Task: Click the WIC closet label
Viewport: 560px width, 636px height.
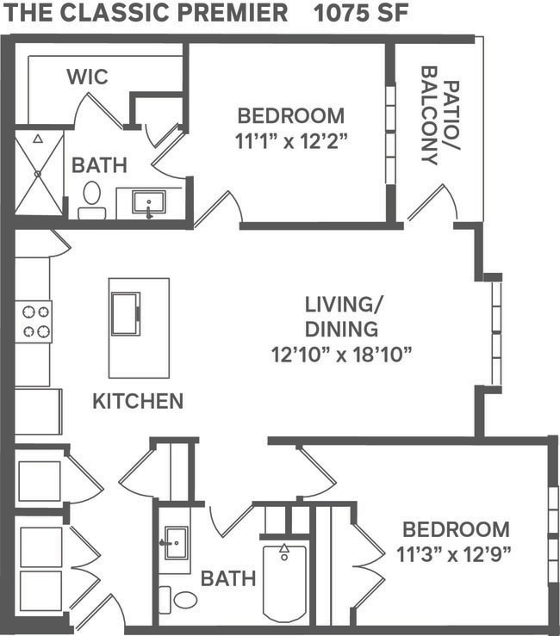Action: click(87, 77)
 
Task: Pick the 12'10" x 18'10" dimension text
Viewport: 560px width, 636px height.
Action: click(342, 353)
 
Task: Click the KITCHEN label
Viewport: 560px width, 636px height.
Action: click(138, 401)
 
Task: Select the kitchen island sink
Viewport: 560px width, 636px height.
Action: click(125, 313)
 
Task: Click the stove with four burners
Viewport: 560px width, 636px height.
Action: click(35, 321)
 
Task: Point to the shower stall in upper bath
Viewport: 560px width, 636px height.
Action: click(39, 173)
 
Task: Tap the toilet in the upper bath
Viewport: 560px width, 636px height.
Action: click(91, 199)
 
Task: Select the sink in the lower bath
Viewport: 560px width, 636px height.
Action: click(176, 543)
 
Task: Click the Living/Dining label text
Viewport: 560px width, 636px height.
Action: click(342, 316)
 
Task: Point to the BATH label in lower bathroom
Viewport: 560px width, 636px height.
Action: click(227, 578)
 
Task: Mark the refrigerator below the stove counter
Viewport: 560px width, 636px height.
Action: click(37, 411)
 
